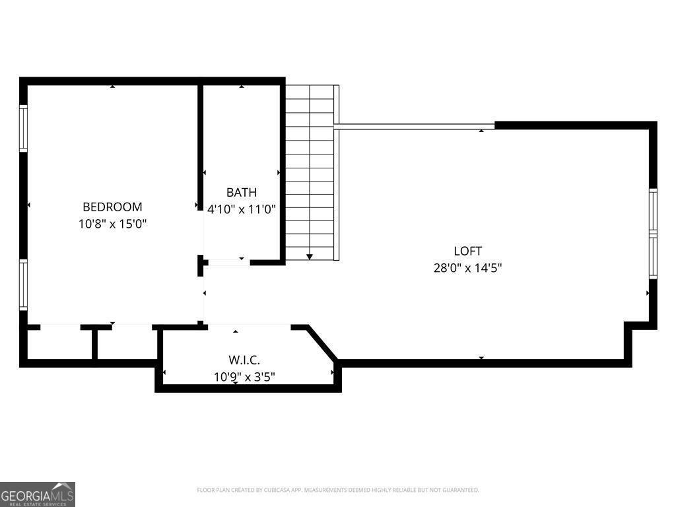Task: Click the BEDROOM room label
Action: tap(112, 207)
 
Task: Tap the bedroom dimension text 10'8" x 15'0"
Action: tap(112, 224)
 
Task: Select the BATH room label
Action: tap(242, 193)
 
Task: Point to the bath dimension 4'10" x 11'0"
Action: tap(242, 209)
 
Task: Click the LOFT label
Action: tap(467, 251)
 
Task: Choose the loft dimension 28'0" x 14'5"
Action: tap(467, 268)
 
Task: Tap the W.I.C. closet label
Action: tap(244, 360)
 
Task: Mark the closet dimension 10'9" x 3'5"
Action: tap(244, 377)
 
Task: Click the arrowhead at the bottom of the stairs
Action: tap(310, 256)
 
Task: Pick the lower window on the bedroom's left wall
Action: tap(23, 285)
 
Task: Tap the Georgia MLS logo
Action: tap(38, 494)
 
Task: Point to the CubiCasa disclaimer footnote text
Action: tap(338, 490)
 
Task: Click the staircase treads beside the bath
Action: tap(310, 172)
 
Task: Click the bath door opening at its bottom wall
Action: tap(226, 262)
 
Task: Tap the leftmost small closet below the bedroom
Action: tap(59, 343)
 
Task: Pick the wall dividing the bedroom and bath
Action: tap(200, 145)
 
